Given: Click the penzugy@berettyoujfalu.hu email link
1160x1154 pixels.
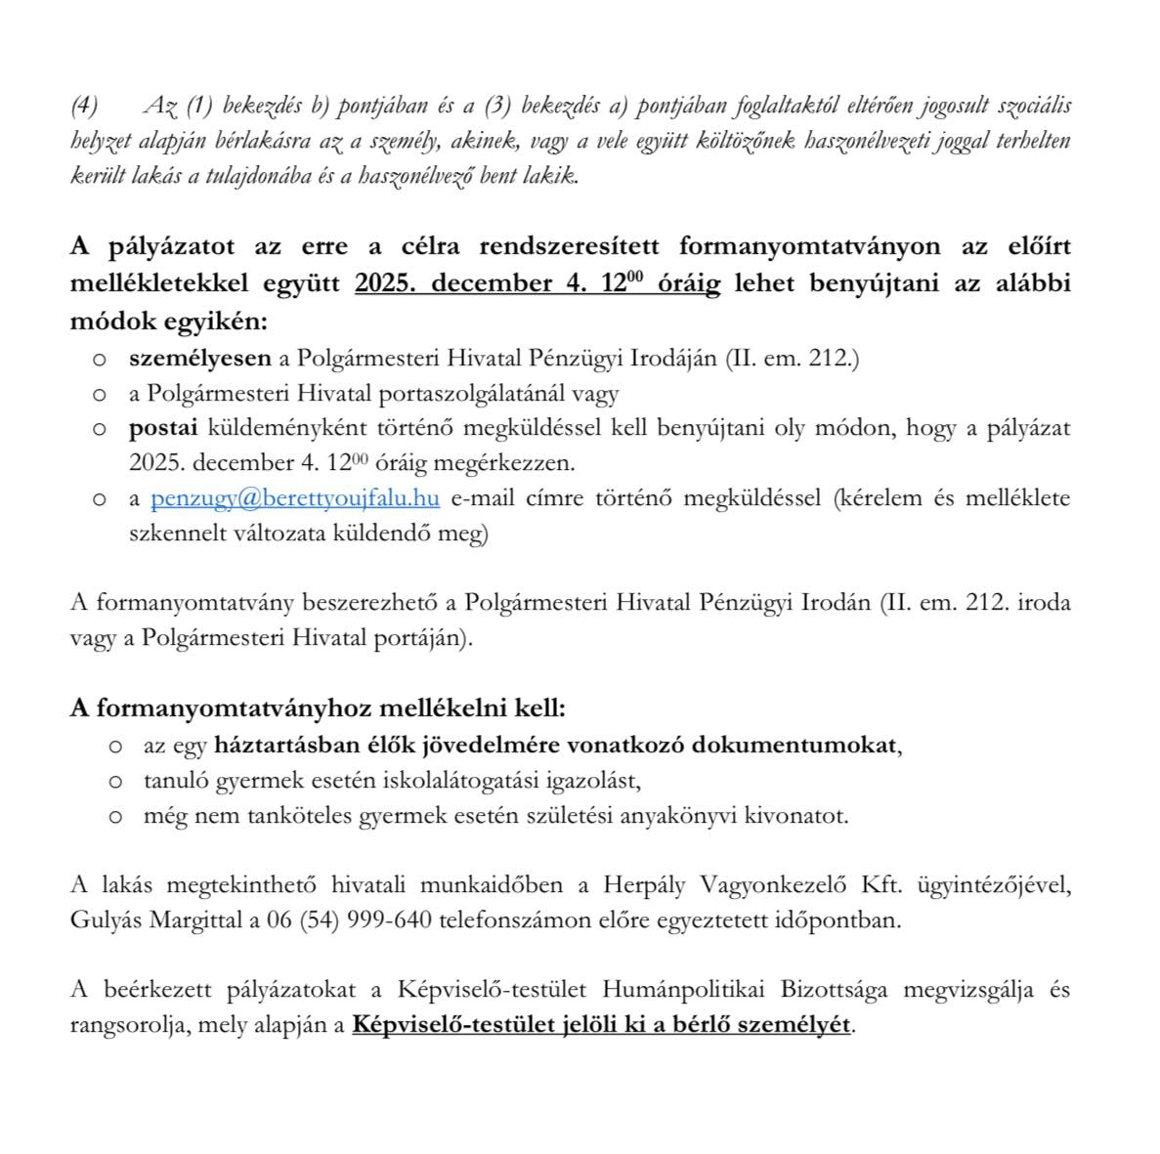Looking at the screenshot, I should click(294, 498).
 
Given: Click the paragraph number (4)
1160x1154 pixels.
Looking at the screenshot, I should click(86, 105).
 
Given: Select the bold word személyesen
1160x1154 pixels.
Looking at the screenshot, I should click(199, 358).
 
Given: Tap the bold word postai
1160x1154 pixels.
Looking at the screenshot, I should click(163, 428).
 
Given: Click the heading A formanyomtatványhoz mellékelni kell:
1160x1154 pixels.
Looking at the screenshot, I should click(318, 707).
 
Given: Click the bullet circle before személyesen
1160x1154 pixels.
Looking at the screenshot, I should click(99, 360).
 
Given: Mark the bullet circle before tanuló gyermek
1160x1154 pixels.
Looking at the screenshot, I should click(115, 782).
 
